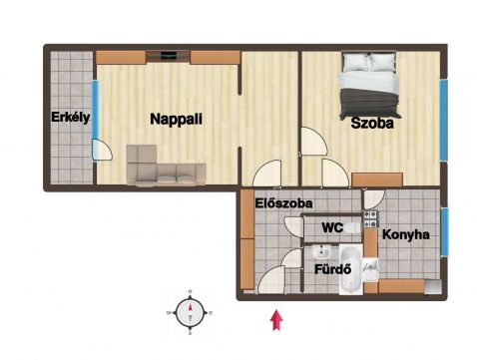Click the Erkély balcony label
[x=71, y=118]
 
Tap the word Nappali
[x=176, y=119]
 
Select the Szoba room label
[x=372, y=123]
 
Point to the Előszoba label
[x=283, y=203]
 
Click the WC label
[x=332, y=227]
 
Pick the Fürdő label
[x=333, y=269]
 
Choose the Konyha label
[x=405, y=234]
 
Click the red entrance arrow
[x=276, y=320]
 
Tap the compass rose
[x=190, y=313]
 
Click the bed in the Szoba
[x=368, y=86]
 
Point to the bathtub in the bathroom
[x=351, y=269]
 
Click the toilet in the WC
[x=352, y=228]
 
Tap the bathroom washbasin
[x=321, y=251]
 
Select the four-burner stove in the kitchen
[x=370, y=219]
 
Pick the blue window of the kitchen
[x=445, y=231]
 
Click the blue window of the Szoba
[x=443, y=120]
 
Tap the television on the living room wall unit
[x=168, y=56]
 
